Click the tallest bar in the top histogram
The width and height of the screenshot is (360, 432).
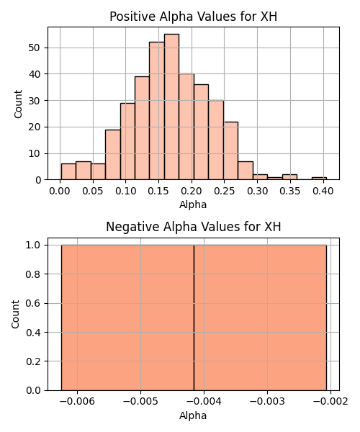171,107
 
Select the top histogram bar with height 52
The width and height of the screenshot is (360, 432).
157,111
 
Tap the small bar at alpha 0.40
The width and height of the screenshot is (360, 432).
319,179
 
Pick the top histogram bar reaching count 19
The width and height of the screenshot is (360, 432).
113,155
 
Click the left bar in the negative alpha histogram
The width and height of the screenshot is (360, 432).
127,318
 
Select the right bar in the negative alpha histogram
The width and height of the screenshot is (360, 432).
261,318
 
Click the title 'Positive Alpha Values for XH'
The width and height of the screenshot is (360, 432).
194,17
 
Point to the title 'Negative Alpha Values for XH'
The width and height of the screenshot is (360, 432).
194,227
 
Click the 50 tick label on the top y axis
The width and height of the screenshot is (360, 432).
35,48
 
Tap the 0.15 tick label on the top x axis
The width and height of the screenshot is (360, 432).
158,191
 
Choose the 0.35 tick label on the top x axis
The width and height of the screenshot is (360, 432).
290,191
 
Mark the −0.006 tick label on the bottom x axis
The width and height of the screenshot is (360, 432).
77,401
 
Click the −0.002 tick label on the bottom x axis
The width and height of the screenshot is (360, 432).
330,401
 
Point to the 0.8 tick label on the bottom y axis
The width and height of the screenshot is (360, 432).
33,274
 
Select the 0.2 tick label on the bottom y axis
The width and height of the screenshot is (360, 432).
33,361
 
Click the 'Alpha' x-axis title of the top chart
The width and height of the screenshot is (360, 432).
193,204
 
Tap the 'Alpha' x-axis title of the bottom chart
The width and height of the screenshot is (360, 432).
193,415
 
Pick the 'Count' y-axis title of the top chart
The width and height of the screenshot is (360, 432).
18,104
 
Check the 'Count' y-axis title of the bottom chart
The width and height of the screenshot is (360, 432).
15,315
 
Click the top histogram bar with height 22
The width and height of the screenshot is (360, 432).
231,150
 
